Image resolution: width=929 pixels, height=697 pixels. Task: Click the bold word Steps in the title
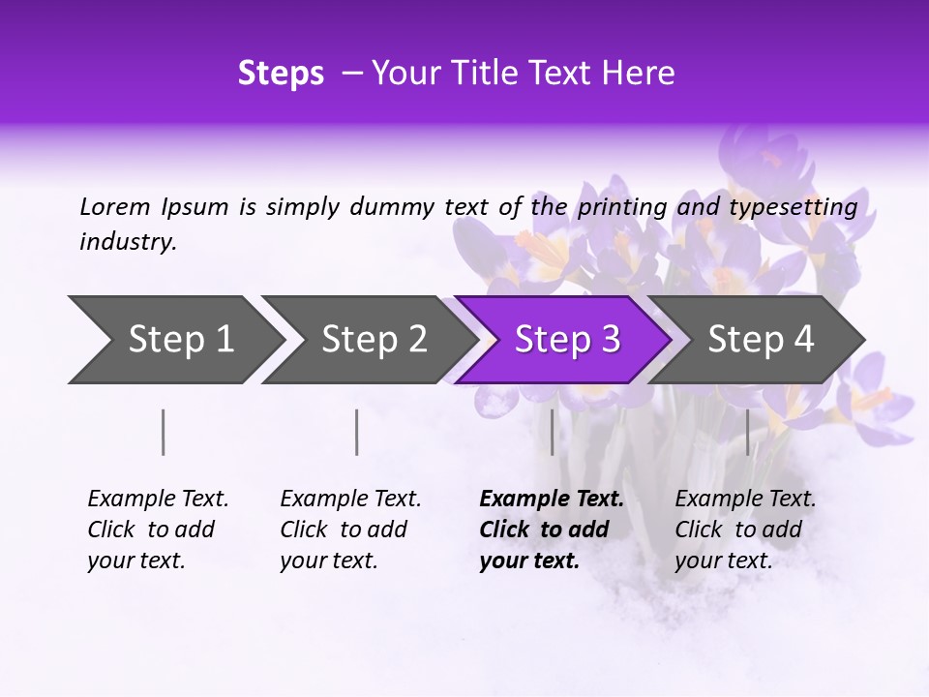[x=281, y=74]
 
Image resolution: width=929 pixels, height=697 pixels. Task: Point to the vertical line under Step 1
[x=164, y=432]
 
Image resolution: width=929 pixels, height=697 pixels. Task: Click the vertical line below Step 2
[x=357, y=432]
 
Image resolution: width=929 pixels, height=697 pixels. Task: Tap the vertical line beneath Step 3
[x=552, y=432]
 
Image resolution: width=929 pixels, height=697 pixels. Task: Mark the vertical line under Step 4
[x=747, y=432]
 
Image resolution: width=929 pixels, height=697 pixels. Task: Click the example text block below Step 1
[x=158, y=530]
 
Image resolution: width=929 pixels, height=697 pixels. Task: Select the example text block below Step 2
[x=350, y=530]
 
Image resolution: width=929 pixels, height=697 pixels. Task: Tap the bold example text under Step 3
[x=551, y=530]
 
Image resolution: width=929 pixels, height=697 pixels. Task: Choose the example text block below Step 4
[x=745, y=530]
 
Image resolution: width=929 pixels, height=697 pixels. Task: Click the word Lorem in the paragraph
[x=115, y=206]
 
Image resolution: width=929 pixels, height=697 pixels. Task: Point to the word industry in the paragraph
[x=128, y=242]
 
